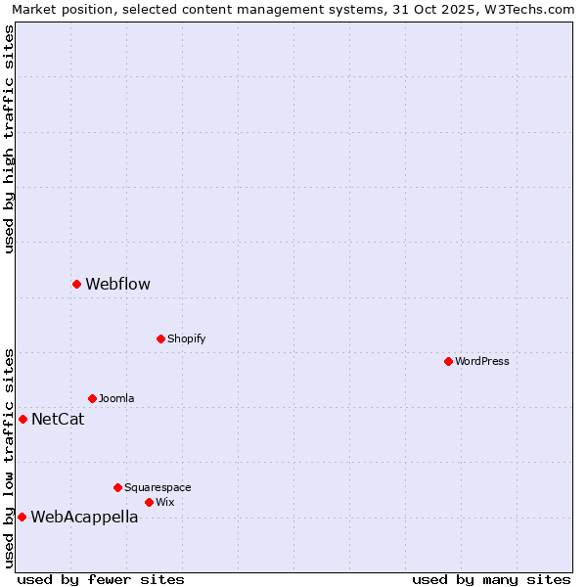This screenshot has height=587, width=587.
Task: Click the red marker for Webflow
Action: pyautogui.click(x=76, y=284)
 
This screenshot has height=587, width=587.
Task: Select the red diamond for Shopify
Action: pyautogui.click(x=160, y=339)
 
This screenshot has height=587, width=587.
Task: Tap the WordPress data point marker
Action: pyautogui.click(x=448, y=361)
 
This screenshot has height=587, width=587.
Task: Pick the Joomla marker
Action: pyautogui.click(x=92, y=398)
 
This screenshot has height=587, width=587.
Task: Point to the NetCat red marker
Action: pyautogui.click(x=23, y=419)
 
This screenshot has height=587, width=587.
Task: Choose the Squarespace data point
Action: pyautogui.click(x=117, y=487)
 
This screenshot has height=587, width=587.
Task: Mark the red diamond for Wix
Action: pyautogui.click(x=149, y=502)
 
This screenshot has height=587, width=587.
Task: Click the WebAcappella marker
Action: pyautogui.click(x=22, y=517)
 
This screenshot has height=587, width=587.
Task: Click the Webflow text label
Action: pyautogui.click(x=117, y=285)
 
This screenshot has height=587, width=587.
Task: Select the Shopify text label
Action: pyautogui.click(x=186, y=339)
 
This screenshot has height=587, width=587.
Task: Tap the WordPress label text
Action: pyautogui.click(x=482, y=361)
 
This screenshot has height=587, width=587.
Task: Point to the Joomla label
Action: pyautogui.click(x=116, y=398)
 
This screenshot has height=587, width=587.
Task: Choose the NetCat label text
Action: pyautogui.click(x=58, y=420)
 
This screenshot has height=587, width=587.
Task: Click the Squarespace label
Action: pyautogui.click(x=158, y=487)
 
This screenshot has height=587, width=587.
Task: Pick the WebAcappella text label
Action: pyautogui.click(x=84, y=518)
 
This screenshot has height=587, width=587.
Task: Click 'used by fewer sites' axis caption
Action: pyautogui.click(x=101, y=579)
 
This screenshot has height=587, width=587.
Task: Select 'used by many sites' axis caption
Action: pyautogui.click(x=491, y=579)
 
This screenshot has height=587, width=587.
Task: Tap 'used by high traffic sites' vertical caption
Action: pyautogui.click(x=9, y=139)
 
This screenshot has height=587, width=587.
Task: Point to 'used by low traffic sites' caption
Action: pyautogui.click(x=9, y=457)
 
